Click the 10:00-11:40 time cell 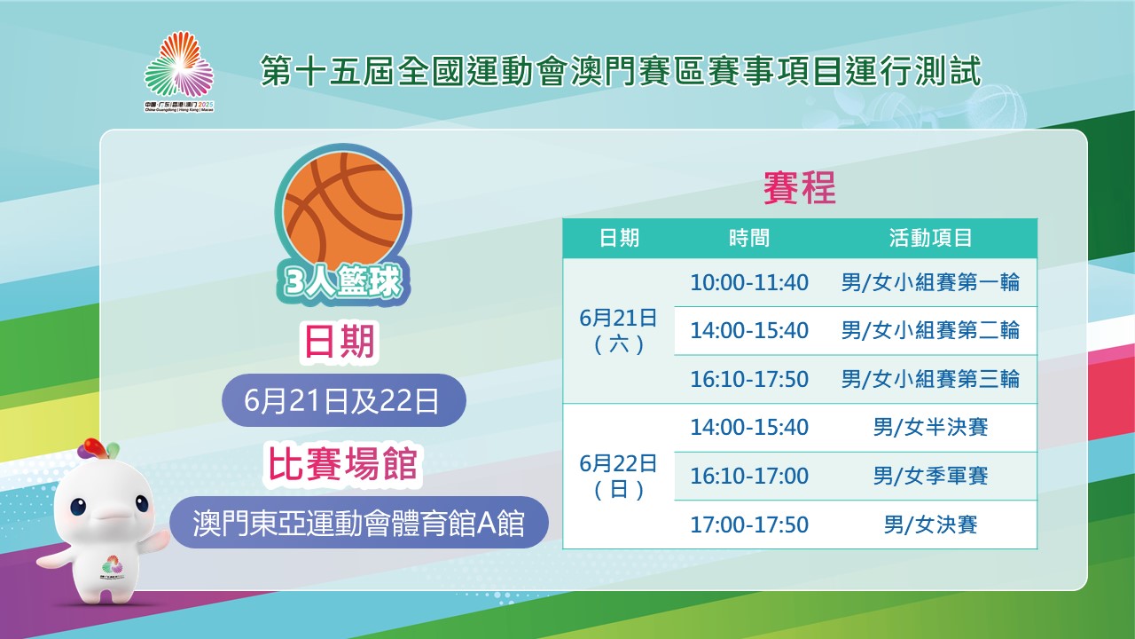coord(749,282)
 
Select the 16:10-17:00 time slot coord(749,477)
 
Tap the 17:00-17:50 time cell coord(749,525)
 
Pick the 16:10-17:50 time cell coord(749,379)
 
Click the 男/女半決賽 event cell coord(930,428)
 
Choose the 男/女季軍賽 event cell coord(930,477)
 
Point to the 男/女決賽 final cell coord(930,525)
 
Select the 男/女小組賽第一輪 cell coord(930,282)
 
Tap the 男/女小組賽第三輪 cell coord(930,379)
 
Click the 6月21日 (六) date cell coord(618,331)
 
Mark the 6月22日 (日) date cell coord(618,477)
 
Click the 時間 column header coord(749,238)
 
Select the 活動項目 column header coord(930,238)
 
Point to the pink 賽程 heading coord(800,187)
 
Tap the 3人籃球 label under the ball coord(343,282)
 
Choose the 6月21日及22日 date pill coord(343,400)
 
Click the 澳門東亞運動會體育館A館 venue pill coord(359,523)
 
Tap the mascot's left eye coord(78,507)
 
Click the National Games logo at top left coord(179,72)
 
